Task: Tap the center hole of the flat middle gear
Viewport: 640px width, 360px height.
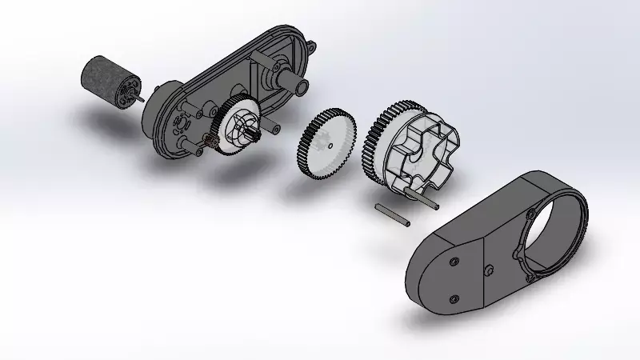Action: click(x=330, y=147)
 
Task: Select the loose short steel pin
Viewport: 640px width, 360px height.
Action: click(x=393, y=214)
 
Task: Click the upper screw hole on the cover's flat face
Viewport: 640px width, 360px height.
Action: click(x=454, y=262)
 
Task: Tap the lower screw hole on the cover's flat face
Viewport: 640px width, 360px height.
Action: click(x=454, y=299)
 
